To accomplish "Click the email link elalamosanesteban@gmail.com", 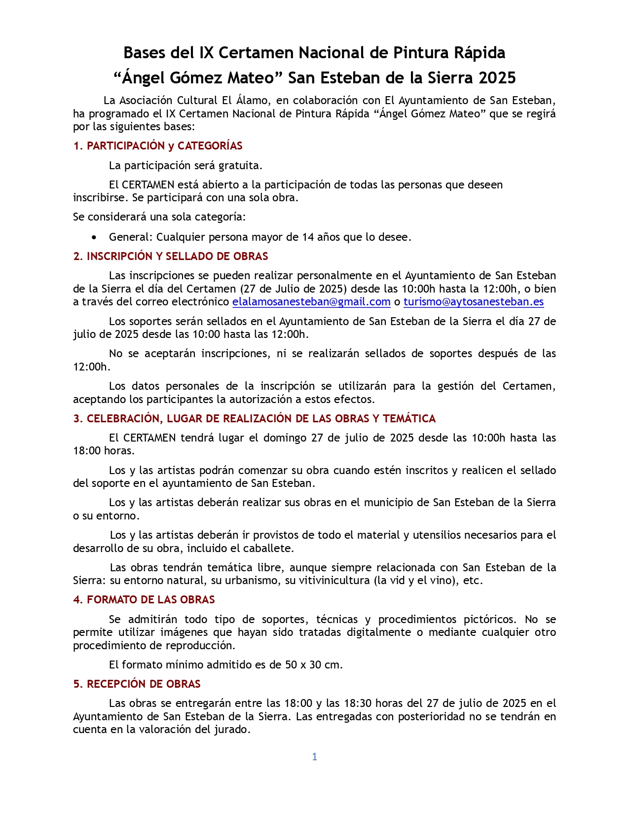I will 311,302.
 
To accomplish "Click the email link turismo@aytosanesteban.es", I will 473,302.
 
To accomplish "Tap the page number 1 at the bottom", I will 314,757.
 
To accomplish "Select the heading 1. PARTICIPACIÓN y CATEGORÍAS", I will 158,146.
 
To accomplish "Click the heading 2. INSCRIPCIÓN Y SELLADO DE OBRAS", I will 171,257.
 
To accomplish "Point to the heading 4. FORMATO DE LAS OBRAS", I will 144,600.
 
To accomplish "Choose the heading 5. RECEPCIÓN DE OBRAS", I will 137,684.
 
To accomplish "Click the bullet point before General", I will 94,237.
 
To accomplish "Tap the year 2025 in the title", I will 497,78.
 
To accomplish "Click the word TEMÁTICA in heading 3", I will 409,419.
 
